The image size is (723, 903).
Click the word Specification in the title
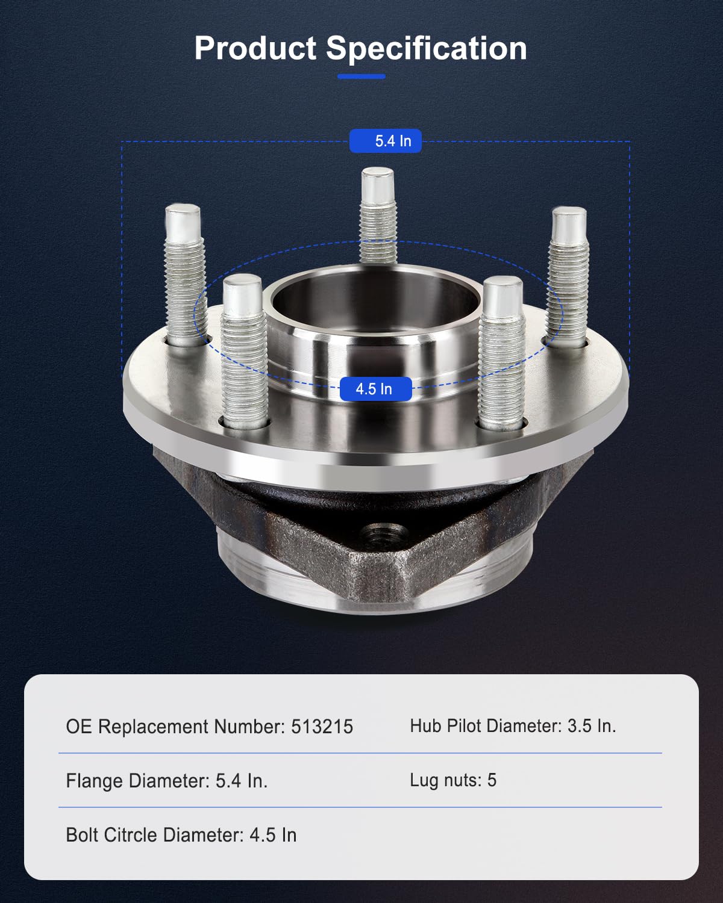tap(426, 48)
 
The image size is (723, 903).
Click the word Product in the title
tap(255, 48)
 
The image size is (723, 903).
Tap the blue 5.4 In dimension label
tap(386, 141)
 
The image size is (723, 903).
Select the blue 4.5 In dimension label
tap(375, 389)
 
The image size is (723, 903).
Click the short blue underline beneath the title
tap(361, 76)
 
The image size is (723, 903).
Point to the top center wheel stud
tap(378, 217)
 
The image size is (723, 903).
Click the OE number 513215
tap(322, 727)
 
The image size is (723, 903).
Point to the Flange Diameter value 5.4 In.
tap(241, 781)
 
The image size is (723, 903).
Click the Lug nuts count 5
tap(492, 780)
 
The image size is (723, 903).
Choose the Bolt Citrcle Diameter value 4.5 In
tap(273, 835)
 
